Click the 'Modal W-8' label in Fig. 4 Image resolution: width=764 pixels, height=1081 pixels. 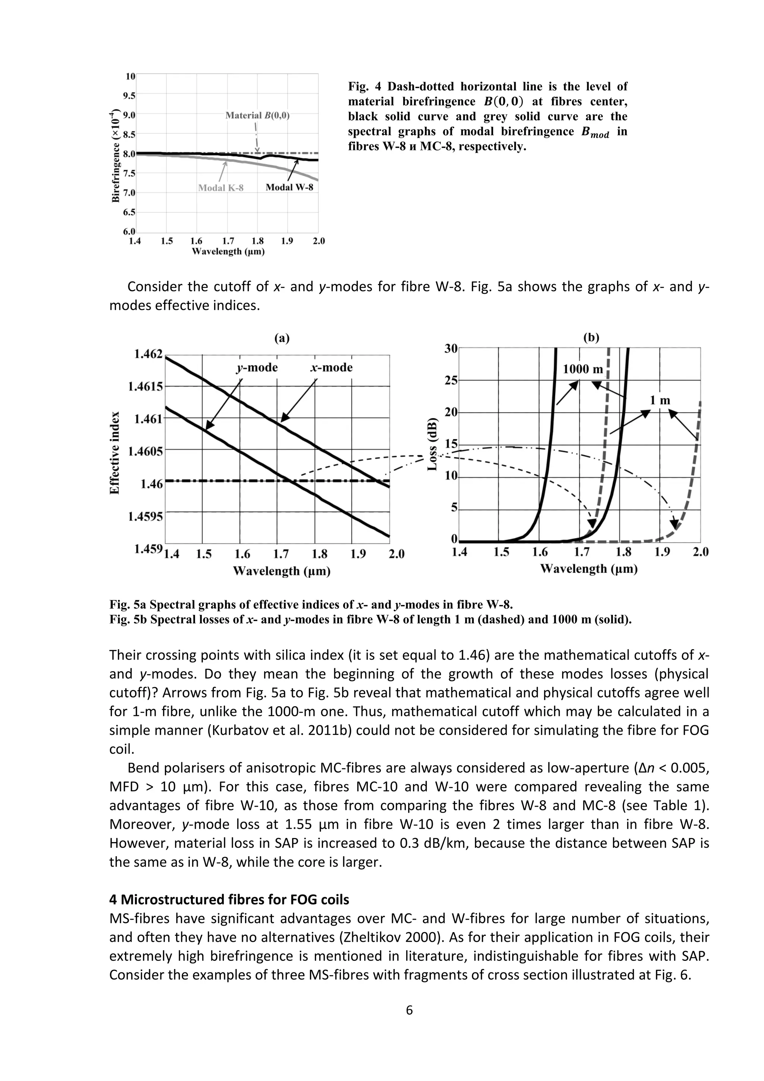(x=289, y=187)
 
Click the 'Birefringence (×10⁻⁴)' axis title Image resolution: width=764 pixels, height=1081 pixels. (x=115, y=155)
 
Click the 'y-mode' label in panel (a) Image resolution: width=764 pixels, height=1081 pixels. (x=257, y=367)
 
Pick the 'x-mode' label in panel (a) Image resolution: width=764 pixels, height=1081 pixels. (x=331, y=367)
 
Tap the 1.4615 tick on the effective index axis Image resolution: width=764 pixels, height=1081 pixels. (x=145, y=387)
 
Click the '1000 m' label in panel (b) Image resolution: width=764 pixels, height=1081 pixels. (x=582, y=369)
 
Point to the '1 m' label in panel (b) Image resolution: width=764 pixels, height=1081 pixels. (x=660, y=401)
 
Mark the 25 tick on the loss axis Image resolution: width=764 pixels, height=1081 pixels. (x=451, y=380)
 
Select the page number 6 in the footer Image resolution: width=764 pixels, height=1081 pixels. (x=409, y=1010)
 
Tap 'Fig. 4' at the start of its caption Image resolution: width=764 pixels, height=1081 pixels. (x=364, y=87)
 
